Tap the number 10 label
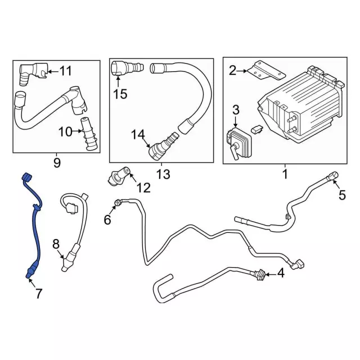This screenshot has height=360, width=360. click(65, 132)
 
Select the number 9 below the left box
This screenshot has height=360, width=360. click(57, 163)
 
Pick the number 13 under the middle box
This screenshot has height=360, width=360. click(163, 175)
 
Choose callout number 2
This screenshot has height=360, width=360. click(233, 70)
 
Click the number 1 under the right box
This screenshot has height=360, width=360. click(285, 175)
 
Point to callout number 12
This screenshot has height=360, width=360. click(143, 188)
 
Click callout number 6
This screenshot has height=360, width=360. click(107, 220)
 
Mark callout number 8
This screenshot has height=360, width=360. click(56, 244)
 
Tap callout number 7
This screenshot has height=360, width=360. click(38, 293)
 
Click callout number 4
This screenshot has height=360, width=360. click(281, 274)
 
